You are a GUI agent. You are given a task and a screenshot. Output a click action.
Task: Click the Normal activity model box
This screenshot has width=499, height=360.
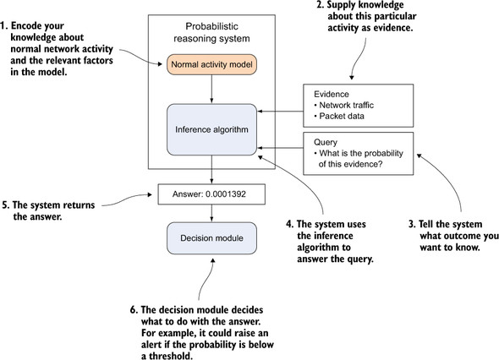[211, 64]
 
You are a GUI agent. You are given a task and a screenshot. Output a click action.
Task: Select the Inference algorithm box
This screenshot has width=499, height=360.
[211, 130]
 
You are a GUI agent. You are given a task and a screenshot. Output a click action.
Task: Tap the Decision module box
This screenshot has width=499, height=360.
[211, 238]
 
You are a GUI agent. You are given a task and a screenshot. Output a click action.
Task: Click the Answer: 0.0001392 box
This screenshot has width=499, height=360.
[211, 194]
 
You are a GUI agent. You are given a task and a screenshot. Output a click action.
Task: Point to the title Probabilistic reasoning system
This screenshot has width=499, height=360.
[211, 32]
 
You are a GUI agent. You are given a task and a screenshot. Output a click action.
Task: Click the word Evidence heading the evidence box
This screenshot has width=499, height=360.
[332, 94]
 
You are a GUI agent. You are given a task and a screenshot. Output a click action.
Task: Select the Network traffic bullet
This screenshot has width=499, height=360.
[343, 106]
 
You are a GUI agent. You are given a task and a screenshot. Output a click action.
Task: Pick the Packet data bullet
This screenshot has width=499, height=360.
[339, 116]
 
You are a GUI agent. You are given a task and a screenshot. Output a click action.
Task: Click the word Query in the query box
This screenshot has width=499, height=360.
[326, 143]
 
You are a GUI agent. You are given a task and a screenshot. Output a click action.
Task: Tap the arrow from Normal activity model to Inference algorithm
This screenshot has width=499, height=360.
[211, 90]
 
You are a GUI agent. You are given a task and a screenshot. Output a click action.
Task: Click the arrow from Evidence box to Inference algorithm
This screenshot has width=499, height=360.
[280, 112]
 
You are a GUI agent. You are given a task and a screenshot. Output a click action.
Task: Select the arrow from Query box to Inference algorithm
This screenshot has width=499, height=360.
[280, 148]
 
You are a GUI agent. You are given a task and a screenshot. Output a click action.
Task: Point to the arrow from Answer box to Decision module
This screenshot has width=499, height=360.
[211, 214]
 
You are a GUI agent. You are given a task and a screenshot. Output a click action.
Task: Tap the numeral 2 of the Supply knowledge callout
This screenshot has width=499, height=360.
[321, 5]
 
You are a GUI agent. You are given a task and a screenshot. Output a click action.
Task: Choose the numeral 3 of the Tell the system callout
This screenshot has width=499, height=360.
[412, 224]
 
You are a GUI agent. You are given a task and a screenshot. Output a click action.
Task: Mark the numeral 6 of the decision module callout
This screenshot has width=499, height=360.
[134, 310]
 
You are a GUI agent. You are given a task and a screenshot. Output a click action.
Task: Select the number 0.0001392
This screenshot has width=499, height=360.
[226, 194]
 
